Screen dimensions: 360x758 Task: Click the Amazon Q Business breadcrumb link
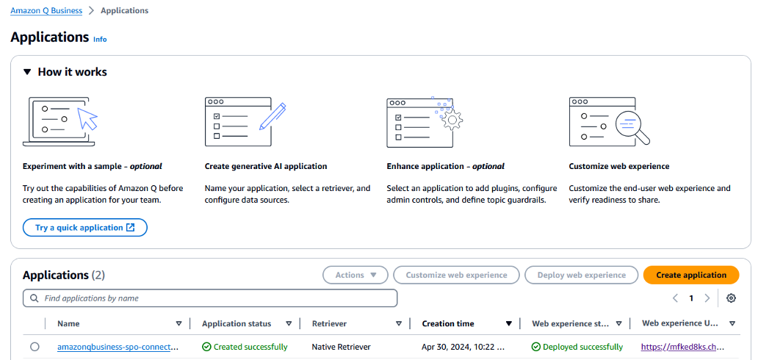(x=46, y=11)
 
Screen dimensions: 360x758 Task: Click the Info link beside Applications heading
(x=100, y=39)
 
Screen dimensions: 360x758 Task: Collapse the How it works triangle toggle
(x=27, y=72)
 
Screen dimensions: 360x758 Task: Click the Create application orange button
(x=690, y=275)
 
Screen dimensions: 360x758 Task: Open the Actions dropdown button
(x=355, y=275)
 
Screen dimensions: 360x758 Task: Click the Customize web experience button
(x=456, y=275)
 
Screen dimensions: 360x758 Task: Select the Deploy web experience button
(x=581, y=275)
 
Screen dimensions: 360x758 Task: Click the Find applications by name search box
(x=211, y=298)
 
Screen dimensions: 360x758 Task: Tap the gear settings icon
(x=731, y=298)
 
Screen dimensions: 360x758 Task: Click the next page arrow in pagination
(x=707, y=298)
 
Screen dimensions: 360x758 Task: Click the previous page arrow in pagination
(x=676, y=298)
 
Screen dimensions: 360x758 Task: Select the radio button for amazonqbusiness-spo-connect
(x=35, y=347)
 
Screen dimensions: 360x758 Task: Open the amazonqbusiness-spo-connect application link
(x=118, y=347)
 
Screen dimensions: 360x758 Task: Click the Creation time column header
(x=448, y=323)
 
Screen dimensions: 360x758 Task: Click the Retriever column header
(x=329, y=323)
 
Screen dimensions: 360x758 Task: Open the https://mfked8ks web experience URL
(x=682, y=347)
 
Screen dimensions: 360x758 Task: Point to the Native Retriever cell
(x=341, y=347)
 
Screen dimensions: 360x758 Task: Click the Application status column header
(x=237, y=323)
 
